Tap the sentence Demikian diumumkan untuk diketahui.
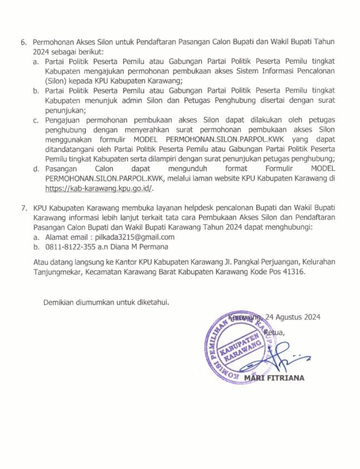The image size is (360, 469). coord(106,302)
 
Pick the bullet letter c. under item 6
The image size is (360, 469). coord(36,120)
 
